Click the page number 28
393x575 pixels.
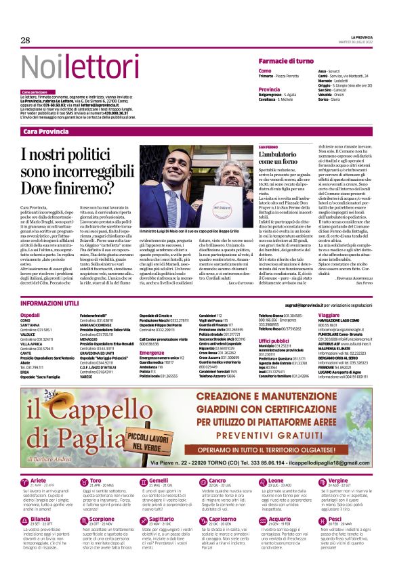(x=26, y=41)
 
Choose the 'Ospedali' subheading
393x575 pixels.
(x=30, y=315)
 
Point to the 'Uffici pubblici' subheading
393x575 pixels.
(x=274, y=341)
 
